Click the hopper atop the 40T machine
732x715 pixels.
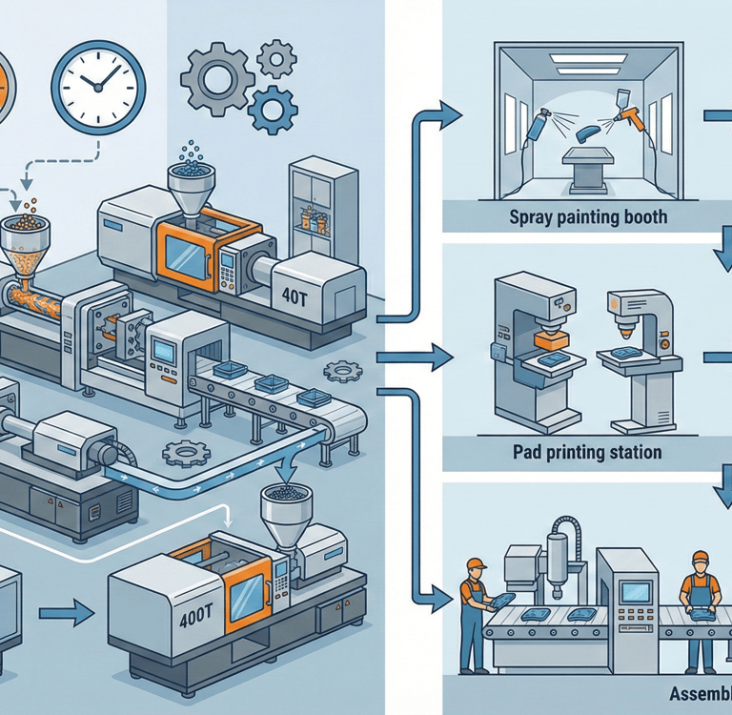pos(191,175)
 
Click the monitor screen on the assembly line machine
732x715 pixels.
pos(634,592)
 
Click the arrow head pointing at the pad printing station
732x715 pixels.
pos(442,359)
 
